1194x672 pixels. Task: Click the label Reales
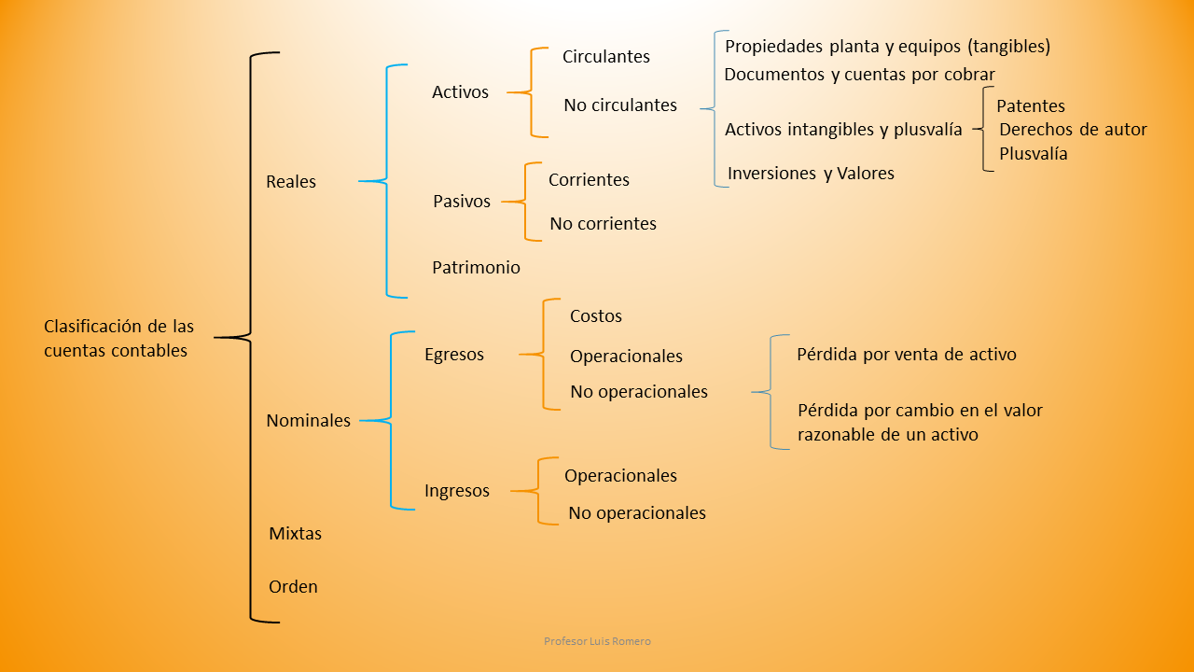291,182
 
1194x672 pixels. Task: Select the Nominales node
309,421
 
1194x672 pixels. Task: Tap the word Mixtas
295,534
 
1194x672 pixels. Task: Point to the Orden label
293,587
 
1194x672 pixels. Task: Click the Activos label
460,92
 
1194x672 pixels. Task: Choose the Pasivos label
462,202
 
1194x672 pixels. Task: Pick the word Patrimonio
476,268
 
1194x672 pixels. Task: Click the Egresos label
454,355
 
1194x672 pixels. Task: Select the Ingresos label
457,491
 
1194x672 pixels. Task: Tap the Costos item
596,316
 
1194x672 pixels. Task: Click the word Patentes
1031,106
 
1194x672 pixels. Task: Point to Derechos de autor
1073,130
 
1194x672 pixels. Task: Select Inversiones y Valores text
811,174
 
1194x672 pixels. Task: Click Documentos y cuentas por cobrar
859,75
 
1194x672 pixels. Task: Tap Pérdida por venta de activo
907,355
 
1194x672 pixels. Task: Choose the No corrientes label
604,224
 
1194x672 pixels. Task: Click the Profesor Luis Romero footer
597,642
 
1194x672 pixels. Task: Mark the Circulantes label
606,57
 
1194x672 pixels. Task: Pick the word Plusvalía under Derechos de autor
1034,154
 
